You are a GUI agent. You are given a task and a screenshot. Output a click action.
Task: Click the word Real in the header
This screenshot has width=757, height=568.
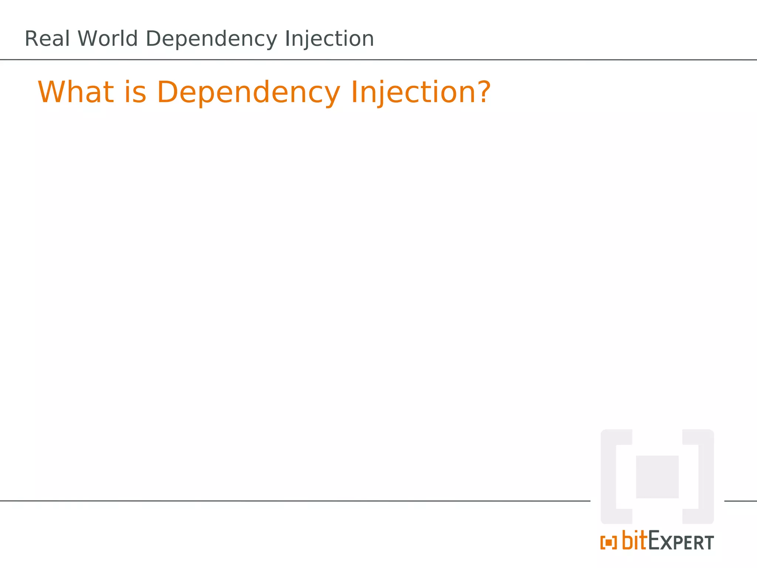click(x=47, y=39)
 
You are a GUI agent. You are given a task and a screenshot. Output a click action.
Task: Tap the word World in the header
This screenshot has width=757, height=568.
click(x=108, y=39)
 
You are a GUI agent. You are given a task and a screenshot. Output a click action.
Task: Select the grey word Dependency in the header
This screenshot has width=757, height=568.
click(x=211, y=40)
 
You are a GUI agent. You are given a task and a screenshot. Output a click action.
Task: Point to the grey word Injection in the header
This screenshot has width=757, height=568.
click(x=329, y=40)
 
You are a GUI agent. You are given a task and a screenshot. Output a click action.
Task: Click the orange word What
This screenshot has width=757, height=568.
click(x=76, y=92)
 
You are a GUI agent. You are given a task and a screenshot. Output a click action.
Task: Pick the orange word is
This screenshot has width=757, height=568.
click(x=135, y=92)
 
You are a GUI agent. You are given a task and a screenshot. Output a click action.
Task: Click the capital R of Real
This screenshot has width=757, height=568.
click(x=31, y=39)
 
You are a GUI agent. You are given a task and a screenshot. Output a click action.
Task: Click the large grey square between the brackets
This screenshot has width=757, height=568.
click(x=657, y=477)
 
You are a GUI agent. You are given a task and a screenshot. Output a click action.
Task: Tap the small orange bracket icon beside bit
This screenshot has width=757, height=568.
click(x=608, y=543)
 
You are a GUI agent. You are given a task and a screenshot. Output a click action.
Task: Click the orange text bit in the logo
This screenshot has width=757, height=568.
click(x=635, y=541)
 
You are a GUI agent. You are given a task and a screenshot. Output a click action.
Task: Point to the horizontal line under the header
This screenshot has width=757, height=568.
click(x=378, y=60)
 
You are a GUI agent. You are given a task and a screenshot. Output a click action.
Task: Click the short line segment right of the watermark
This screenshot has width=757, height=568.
click(x=740, y=501)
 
